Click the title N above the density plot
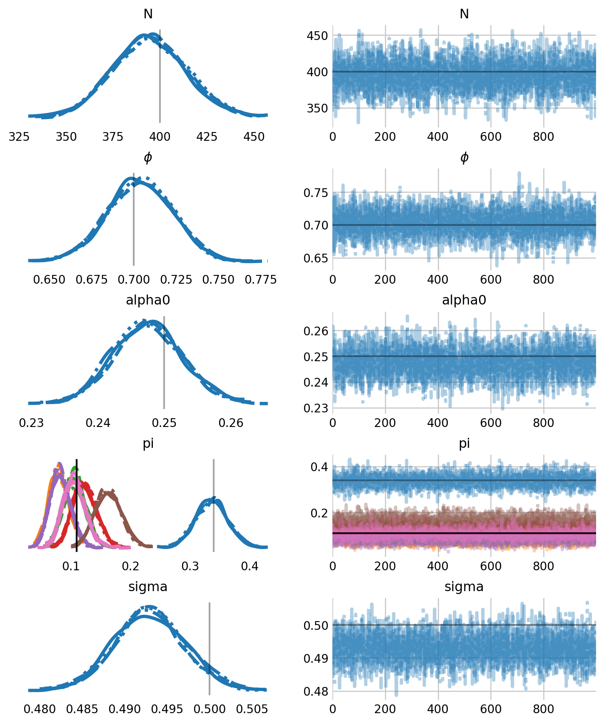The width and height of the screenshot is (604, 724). pos(148,14)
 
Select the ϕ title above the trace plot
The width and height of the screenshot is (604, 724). pos(464,157)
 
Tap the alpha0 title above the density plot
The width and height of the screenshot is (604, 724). pos(148,300)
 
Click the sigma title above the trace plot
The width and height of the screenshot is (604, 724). pos(464,587)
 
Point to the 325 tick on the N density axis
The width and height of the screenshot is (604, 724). pos(19,137)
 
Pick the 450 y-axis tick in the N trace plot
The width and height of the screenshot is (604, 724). pos(317,36)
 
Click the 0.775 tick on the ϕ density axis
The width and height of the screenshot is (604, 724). pos(261,280)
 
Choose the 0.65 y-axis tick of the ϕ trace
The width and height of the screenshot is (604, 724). pos(315,258)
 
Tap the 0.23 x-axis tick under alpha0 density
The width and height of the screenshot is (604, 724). pos(31,423)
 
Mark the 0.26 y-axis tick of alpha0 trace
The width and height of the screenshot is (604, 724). pos(315,331)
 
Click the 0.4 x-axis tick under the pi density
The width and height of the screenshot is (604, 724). pos(250,566)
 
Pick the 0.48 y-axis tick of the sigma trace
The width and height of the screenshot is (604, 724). pos(315,692)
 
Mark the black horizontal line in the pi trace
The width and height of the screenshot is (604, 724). pos(464,533)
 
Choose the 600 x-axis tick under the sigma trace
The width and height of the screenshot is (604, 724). pos(491,709)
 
